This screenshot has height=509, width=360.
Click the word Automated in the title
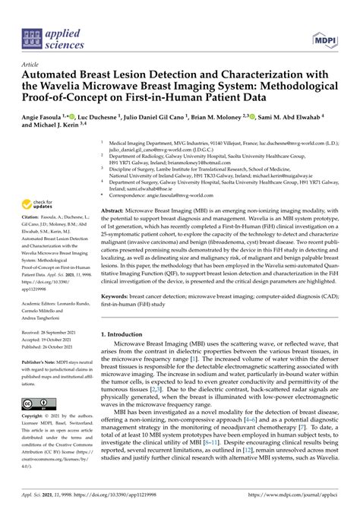tap(60, 79)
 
